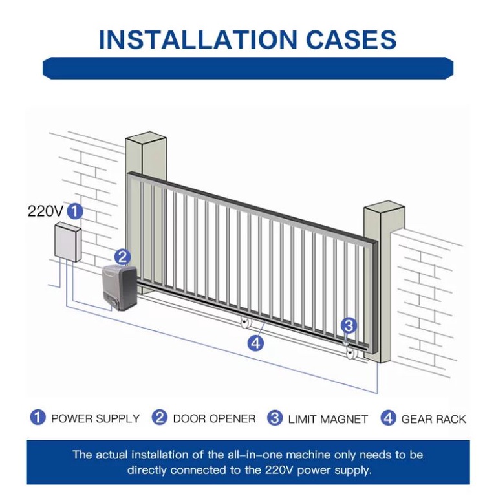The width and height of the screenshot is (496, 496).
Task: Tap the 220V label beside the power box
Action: [x=45, y=211]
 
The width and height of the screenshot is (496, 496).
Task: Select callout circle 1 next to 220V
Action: [x=76, y=211]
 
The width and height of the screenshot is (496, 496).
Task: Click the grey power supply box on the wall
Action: [x=67, y=242]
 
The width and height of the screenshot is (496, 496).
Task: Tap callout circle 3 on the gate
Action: [x=349, y=325]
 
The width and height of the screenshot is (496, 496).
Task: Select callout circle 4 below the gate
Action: [x=256, y=343]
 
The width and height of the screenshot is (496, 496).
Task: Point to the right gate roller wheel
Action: [x=351, y=353]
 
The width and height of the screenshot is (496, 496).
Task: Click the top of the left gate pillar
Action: [x=146, y=138]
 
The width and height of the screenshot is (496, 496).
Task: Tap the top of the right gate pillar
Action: [x=384, y=211]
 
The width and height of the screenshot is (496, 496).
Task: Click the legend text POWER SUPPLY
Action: [x=95, y=418]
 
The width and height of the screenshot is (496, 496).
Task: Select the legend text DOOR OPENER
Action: [x=214, y=418]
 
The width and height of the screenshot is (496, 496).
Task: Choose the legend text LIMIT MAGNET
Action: [x=328, y=418]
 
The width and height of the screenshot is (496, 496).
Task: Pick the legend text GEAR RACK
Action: [x=433, y=418]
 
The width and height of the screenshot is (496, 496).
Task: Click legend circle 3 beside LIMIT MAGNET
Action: [x=275, y=418]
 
